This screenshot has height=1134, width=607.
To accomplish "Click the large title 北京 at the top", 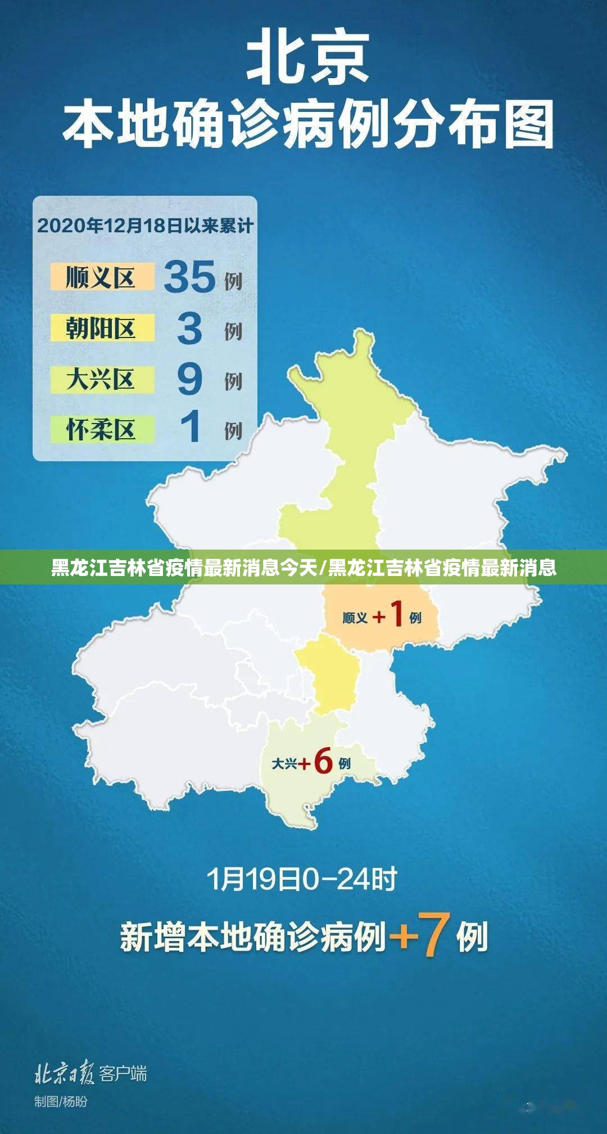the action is click(308, 57).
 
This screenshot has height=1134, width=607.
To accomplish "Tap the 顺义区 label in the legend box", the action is click(101, 277).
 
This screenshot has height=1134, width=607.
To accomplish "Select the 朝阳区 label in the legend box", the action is click(101, 328).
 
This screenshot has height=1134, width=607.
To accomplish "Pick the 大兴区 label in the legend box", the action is click(101, 379).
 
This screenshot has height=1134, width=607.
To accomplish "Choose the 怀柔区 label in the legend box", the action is click(101, 430).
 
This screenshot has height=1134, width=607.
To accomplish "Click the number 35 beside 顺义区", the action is click(189, 277).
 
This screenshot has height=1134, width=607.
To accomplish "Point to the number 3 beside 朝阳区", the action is click(189, 328).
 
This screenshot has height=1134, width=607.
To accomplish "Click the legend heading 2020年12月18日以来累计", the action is click(145, 226).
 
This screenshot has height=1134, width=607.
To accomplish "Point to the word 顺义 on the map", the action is click(355, 618).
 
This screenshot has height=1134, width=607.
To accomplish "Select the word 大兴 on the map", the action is click(284, 764).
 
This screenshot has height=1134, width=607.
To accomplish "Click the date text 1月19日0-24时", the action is click(302, 879).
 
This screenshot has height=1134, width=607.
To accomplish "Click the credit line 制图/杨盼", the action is click(61, 1101).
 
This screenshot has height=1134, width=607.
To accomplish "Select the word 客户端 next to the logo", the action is click(123, 1073).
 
